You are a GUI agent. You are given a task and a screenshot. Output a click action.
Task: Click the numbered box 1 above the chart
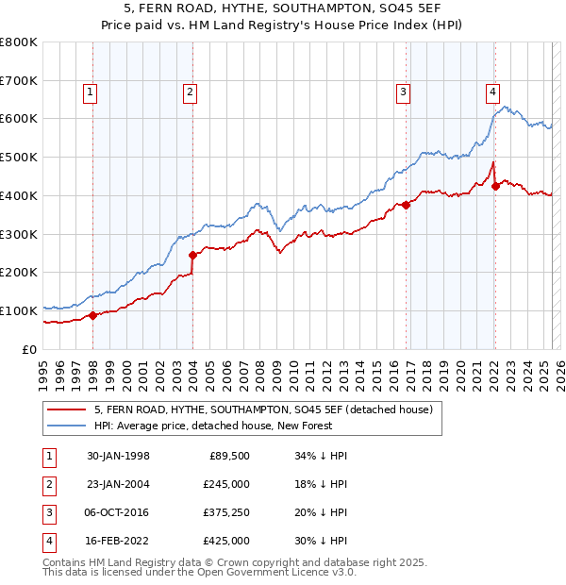[x=90, y=92]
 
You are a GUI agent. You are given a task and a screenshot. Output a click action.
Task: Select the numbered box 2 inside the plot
[x=190, y=92]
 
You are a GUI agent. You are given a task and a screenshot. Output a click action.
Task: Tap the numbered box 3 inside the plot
[x=403, y=92]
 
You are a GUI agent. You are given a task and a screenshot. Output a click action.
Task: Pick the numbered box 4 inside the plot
[x=492, y=92]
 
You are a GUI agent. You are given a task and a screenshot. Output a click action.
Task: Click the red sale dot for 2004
[x=192, y=255]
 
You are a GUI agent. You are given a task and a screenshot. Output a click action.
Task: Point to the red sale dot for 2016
[x=407, y=205]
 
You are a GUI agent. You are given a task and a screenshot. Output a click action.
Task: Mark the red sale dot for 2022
[x=495, y=186]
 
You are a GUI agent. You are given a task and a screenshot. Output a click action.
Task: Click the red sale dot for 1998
[x=93, y=315]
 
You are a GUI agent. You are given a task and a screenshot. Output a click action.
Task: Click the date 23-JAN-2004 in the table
[x=118, y=484]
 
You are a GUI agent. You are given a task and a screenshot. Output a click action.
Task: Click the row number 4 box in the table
[x=47, y=541]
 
